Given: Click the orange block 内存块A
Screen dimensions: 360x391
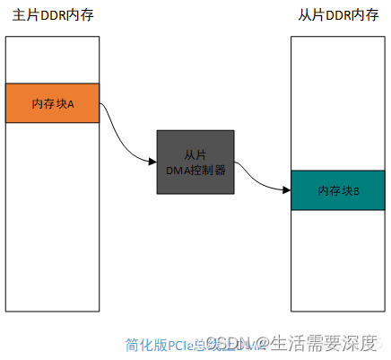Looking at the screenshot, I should click(52, 103).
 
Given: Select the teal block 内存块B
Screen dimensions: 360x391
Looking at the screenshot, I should click(338, 190).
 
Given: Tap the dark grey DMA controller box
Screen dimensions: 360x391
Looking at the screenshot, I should click(195, 162).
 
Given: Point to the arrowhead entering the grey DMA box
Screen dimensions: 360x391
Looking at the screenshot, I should click(152, 162).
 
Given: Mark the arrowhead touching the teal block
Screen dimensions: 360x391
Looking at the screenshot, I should click(286, 190).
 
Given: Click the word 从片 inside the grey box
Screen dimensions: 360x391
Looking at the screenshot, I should click(195, 154).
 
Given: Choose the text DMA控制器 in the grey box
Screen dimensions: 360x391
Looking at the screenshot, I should click(195, 169).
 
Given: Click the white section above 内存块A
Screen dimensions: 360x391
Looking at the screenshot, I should click(52, 59).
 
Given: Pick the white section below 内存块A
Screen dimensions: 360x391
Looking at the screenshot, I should click(52, 215).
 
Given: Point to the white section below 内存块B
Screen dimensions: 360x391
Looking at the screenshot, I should click(338, 260).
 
